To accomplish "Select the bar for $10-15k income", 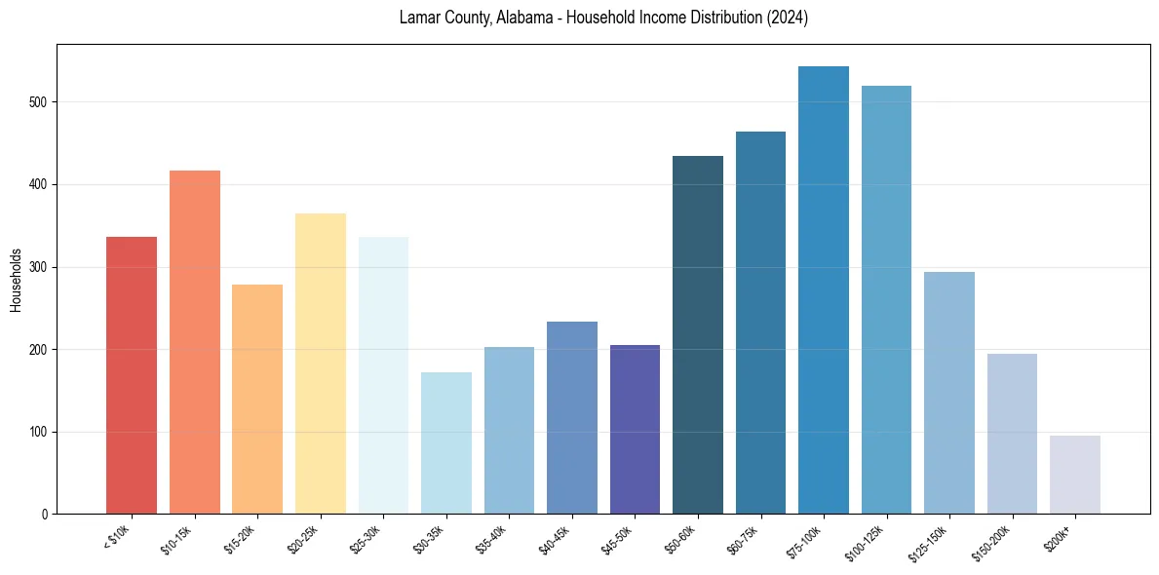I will [x=194, y=342].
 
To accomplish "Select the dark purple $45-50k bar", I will [x=635, y=430].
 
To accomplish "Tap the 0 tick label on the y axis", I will [x=46, y=515].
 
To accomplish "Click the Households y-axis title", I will [x=17, y=280].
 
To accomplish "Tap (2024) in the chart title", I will [x=788, y=19].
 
